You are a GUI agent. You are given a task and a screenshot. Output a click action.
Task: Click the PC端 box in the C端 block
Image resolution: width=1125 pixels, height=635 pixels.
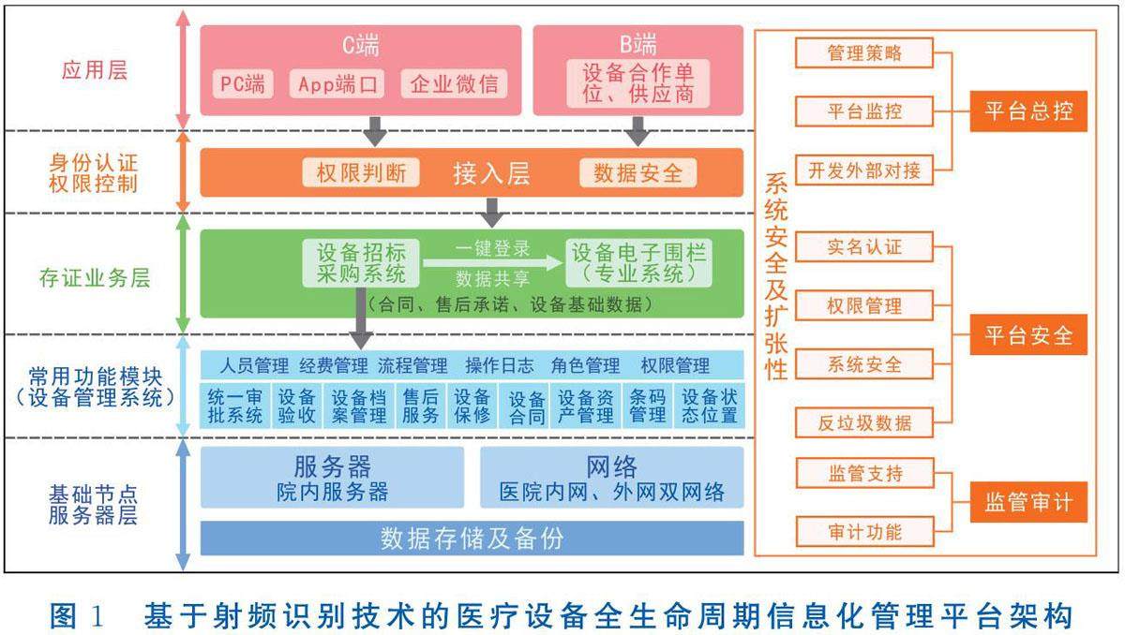[x=242, y=83]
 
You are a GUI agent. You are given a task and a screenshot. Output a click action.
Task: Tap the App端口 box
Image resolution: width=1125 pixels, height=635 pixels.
[x=337, y=83]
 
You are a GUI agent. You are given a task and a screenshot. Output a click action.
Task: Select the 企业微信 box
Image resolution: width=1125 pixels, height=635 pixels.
[x=454, y=83]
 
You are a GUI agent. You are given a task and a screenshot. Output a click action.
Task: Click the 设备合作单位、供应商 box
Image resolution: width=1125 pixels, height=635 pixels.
[x=637, y=83]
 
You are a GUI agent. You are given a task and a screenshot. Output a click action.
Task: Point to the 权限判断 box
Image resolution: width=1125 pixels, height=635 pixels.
[x=361, y=173]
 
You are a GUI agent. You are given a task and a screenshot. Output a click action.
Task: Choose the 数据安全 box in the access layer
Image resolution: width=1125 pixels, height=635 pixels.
[x=638, y=173]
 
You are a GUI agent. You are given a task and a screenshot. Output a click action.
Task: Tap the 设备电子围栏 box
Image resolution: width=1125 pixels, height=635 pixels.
[x=638, y=262]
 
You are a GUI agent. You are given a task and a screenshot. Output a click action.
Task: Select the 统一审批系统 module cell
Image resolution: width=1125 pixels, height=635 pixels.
[x=235, y=405]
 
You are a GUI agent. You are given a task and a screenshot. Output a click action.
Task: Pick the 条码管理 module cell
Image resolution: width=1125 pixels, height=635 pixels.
[x=647, y=405]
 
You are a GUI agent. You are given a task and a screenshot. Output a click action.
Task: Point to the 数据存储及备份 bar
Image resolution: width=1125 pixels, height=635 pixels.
[x=472, y=538]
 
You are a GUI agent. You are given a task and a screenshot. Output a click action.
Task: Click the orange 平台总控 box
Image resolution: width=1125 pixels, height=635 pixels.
[x=1027, y=112]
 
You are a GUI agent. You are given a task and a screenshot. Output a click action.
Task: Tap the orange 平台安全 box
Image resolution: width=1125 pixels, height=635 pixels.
[x=1027, y=335]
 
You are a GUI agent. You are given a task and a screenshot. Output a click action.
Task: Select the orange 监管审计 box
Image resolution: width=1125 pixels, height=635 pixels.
[x=1027, y=503]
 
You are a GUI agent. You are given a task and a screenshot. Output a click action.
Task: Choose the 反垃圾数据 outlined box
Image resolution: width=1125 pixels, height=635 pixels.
[x=863, y=422]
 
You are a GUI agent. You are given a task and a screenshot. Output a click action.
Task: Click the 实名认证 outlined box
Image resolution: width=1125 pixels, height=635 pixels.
[x=863, y=248]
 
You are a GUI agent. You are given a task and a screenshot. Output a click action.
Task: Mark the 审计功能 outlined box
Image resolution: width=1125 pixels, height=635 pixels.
[x=863, y=532]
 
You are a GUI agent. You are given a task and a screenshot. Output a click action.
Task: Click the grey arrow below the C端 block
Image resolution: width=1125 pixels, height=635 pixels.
[x=376, y=131]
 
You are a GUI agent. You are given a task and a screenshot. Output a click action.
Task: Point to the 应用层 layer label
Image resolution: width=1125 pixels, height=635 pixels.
[x=94, y=70]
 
